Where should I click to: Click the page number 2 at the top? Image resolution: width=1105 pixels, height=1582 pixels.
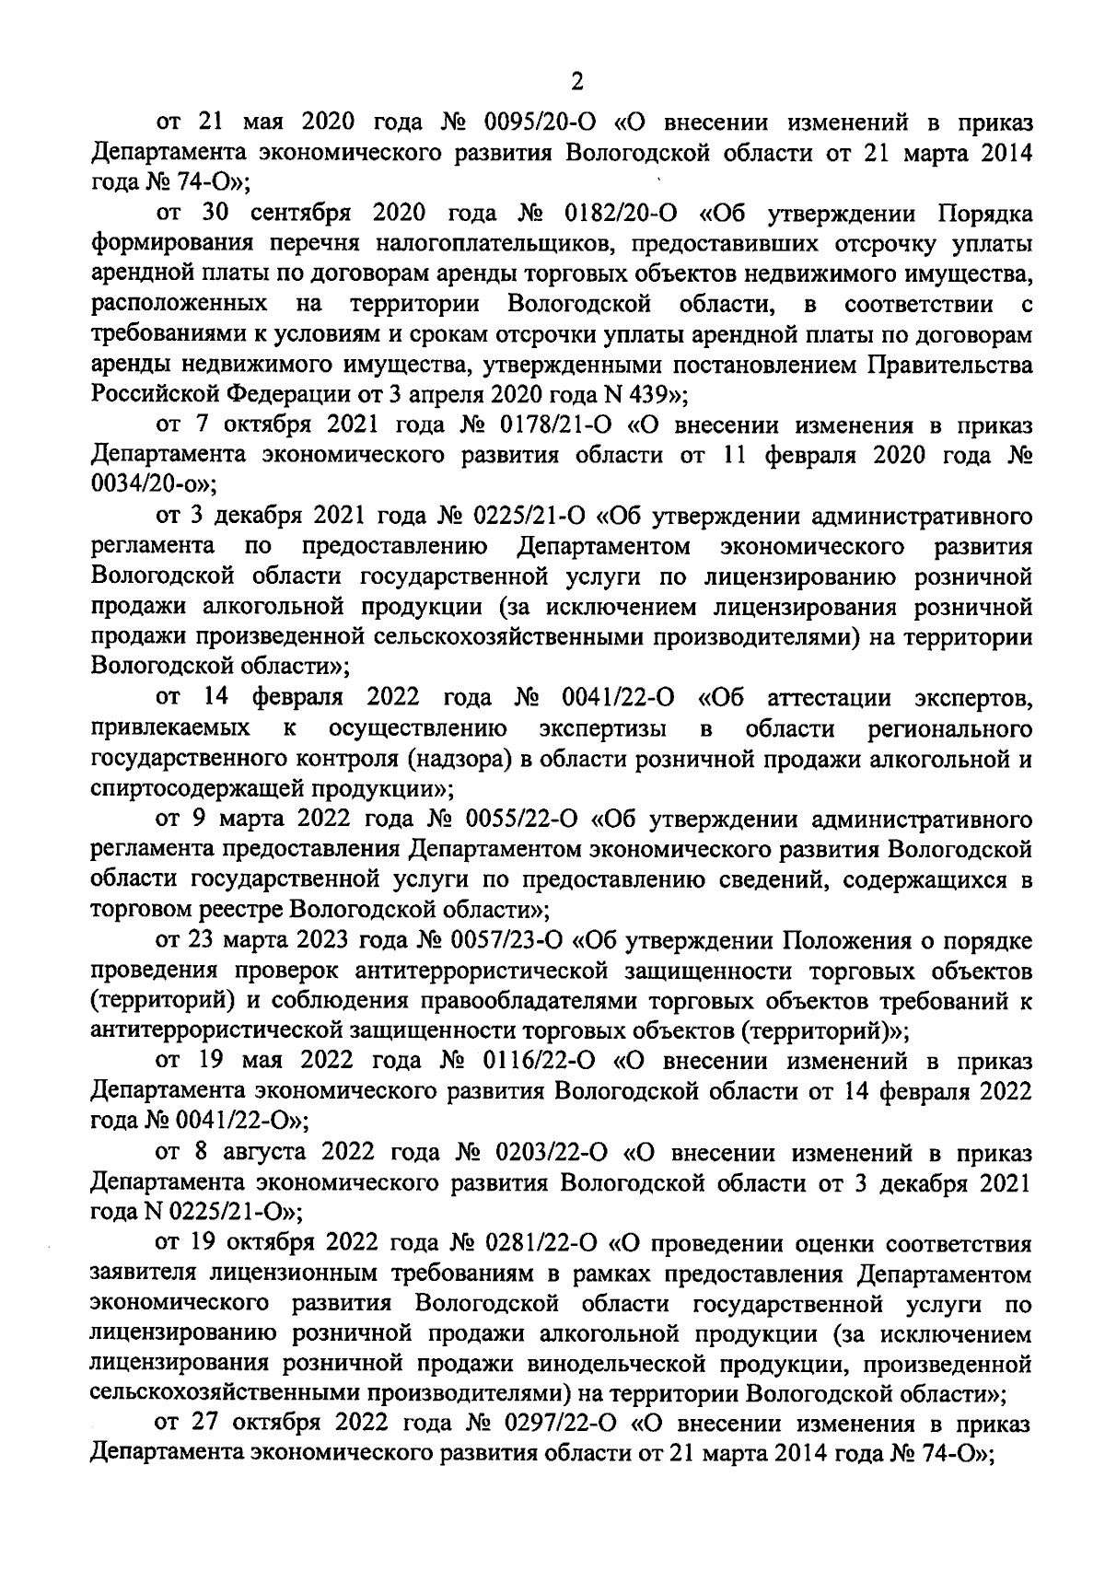[577, 83]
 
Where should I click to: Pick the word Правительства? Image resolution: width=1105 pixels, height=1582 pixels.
[949, 366]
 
